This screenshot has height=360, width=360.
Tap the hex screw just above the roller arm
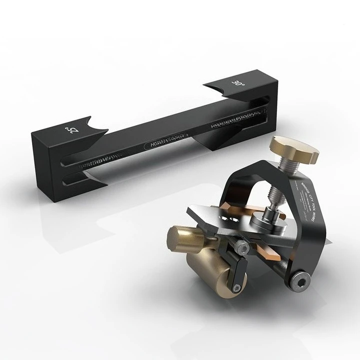[242, 246]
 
